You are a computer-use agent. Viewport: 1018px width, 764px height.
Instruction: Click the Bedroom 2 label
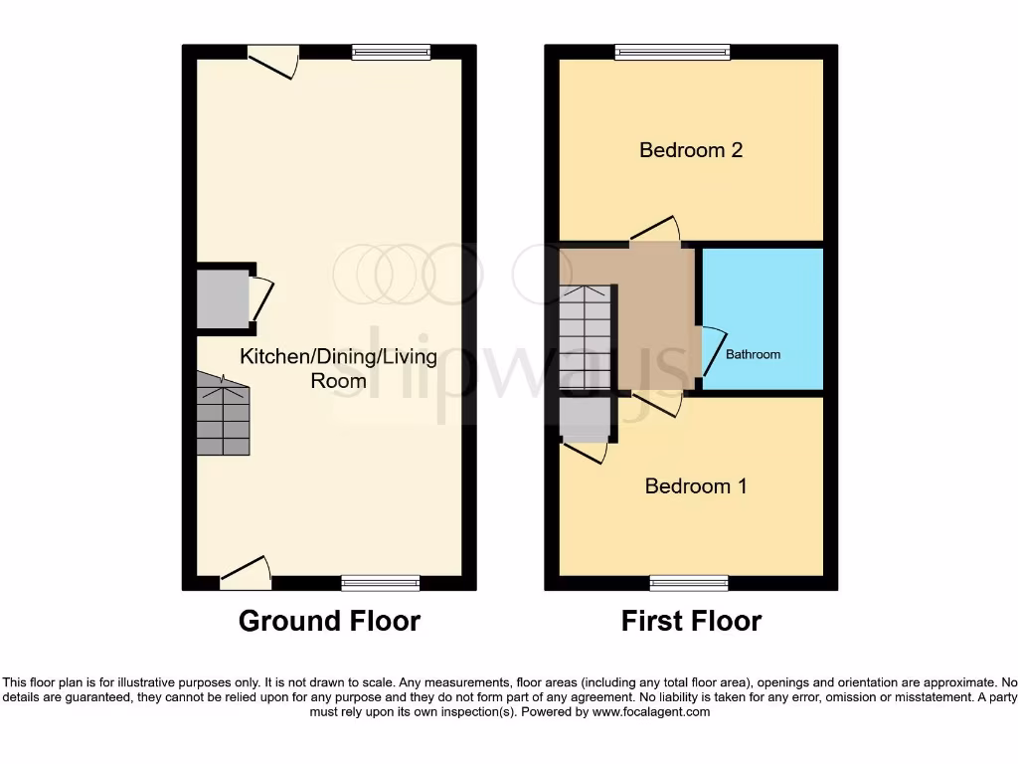[691, 150]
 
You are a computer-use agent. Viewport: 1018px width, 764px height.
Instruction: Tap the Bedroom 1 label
[696, 485]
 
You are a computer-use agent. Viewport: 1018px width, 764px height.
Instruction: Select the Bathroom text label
[753, 354]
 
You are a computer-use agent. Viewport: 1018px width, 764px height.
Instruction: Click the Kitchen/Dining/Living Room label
[338, 368]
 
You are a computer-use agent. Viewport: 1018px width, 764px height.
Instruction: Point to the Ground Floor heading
[329, 621]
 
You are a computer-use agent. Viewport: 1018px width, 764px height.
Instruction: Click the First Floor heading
[691, 621]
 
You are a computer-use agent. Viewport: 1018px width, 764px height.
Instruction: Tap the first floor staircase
[585, 338]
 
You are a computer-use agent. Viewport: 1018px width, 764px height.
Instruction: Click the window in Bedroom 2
[672, 52]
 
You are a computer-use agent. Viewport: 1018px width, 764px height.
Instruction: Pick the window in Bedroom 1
[689, 582]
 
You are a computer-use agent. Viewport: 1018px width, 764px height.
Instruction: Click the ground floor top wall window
[390, 52]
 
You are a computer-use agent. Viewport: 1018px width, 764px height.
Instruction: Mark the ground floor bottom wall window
[380, 582]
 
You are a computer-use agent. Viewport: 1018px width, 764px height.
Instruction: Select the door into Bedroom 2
[655, 231]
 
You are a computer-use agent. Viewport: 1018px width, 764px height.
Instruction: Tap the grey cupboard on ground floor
[222, 299]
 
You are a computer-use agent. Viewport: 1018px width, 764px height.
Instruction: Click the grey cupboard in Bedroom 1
[585, 419]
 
